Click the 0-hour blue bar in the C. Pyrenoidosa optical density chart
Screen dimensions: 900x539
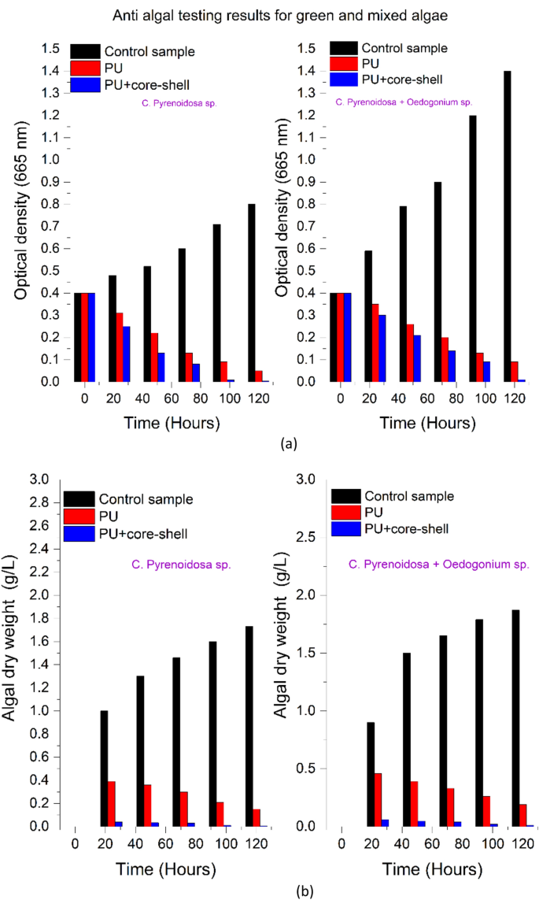[92, 337]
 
